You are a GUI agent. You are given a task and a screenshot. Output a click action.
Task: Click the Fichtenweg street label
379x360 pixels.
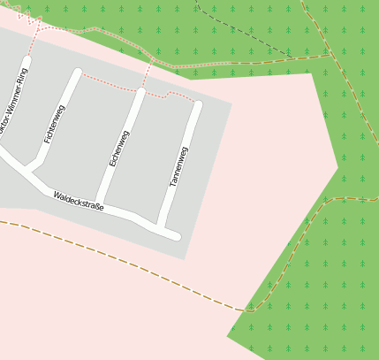(55, 124)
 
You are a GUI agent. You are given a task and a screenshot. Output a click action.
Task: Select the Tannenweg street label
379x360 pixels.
(179, 166)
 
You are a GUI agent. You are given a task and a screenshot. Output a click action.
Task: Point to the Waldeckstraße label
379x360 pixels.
(79, 201)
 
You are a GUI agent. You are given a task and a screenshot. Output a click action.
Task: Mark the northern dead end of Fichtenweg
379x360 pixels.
(77, 73)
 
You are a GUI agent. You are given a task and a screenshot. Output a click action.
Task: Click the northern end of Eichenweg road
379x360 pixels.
(140, 92)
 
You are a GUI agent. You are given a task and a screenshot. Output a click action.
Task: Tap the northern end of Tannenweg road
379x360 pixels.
(197, 106)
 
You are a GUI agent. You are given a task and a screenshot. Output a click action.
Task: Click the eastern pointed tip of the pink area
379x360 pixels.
(337, 165)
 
